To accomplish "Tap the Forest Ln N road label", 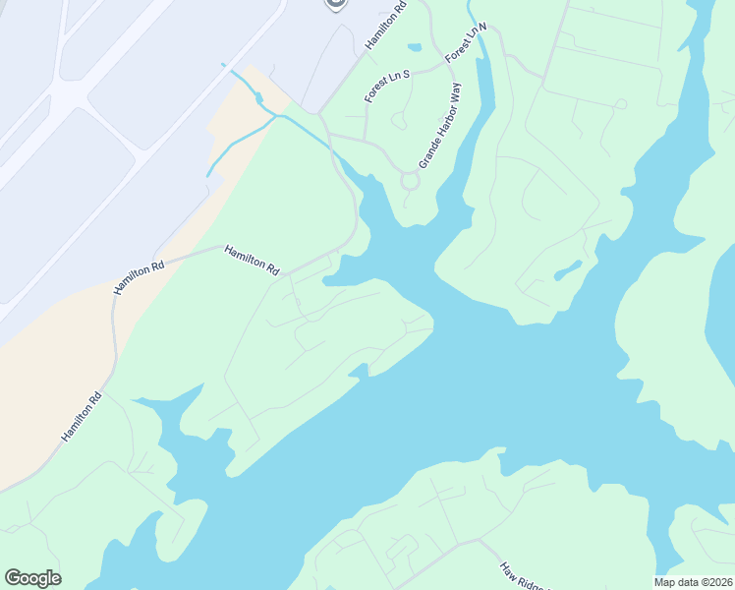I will pos(466,45).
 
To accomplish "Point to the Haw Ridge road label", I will pos(521,576).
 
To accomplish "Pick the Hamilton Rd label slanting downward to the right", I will pos(252,260).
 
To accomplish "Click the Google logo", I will pos(32,578).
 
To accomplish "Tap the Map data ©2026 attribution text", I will pos(693,581).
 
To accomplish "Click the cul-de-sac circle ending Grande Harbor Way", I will pos(410,181).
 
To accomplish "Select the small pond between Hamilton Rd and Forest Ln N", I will pos(415,46).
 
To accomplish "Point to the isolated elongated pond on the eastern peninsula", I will pos(568,268).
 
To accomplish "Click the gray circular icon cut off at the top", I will pos(335,4).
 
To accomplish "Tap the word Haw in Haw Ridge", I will pos(507,569).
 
